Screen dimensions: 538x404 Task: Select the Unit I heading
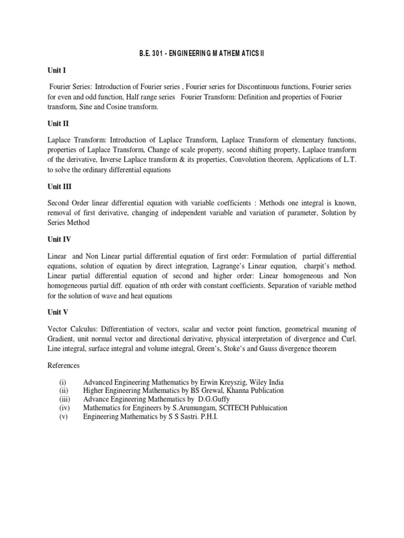coord(57,69)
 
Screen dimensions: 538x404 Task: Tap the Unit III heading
coord(59,186)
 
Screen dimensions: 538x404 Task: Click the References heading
coord(65,365)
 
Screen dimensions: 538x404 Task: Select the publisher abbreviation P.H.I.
coord(206,416)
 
